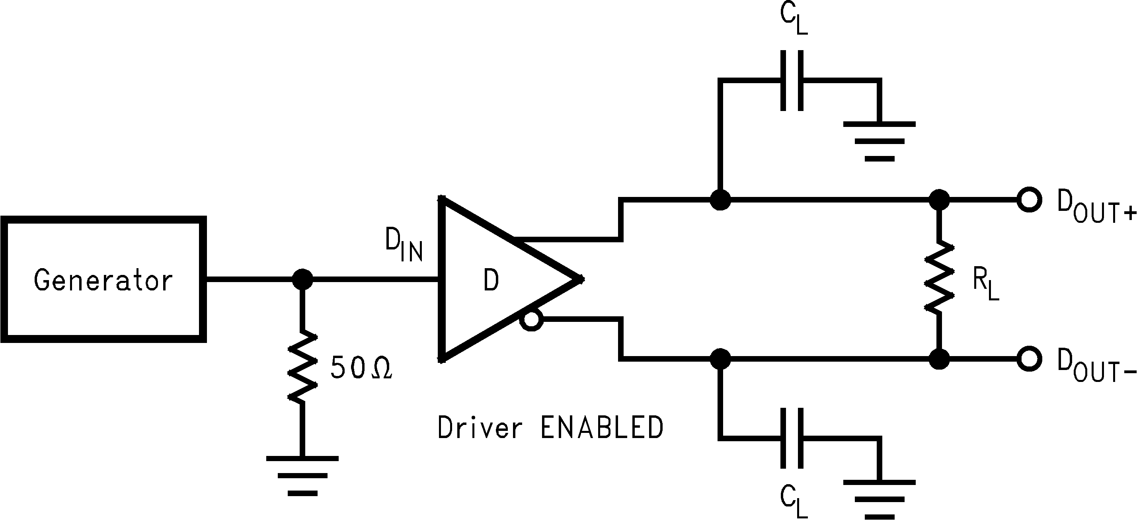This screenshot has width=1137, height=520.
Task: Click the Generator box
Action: click(x=103, y=279)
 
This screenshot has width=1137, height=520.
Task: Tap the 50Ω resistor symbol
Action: click(x=303, y=366)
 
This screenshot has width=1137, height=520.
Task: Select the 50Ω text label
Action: click(x=361, y=367)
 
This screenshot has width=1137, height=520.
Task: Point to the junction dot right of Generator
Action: click(x=303, y=279)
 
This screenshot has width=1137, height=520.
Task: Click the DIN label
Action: click(x=404, y=245)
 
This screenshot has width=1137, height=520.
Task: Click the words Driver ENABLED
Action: click(x=550, y=427)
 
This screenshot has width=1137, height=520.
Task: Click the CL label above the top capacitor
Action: click(x=793, y=20)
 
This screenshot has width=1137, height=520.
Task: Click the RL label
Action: click(x=985, y=285)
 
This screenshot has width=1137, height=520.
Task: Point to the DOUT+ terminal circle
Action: click(x=1029, y=199)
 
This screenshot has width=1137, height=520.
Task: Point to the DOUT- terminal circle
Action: click(x=1029, y=358)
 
